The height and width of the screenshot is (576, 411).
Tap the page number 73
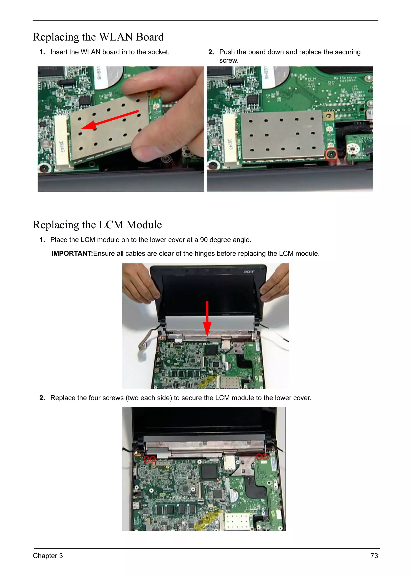374,556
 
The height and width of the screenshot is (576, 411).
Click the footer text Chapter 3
48,556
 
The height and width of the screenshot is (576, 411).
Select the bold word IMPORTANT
72,253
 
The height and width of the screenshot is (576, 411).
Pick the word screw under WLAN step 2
229,60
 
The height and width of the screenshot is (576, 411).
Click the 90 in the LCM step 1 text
204,240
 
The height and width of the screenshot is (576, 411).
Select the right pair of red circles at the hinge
262,457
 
